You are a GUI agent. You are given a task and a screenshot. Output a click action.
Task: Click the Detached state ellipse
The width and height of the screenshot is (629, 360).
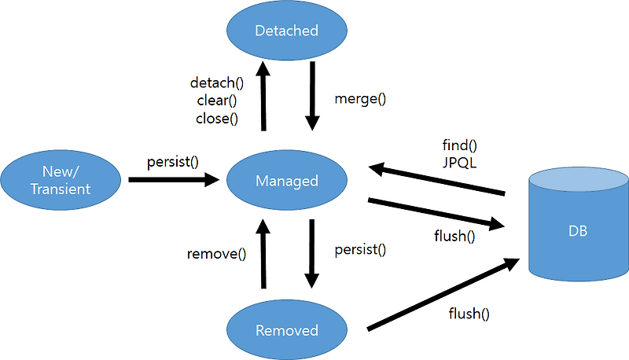[x=286, y=31]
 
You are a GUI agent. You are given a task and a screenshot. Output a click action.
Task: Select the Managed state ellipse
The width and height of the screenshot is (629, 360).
[x=286, y=181]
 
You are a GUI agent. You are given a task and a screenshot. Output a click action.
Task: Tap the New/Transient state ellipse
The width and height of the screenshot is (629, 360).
[x=61, y=180]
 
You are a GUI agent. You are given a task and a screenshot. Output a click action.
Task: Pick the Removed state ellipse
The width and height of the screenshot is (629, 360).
[x=286, y=330]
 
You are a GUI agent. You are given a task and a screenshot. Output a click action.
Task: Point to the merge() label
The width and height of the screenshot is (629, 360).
[x=361, y=99]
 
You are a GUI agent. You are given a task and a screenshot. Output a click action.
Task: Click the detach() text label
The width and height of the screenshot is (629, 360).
[x=217, y=82]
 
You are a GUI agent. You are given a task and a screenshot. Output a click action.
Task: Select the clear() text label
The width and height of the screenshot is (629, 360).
[x=217, y=100]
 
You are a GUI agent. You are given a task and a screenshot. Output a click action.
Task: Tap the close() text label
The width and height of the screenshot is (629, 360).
[x=217, y=119]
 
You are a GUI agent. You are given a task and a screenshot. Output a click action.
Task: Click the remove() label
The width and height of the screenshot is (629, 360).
[x=217, y=254]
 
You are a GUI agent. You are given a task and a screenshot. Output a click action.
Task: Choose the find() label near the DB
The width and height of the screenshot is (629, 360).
[x=461, y=147]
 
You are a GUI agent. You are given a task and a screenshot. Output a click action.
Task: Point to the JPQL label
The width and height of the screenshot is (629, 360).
[x=461, y=165]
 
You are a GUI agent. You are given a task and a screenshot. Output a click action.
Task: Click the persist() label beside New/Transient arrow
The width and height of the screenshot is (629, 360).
[x=172, y=162]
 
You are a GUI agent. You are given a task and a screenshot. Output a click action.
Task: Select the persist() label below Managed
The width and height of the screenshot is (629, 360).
[x=361, y=250]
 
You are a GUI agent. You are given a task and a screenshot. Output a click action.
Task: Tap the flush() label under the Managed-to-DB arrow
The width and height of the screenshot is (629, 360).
[x=454, y=235]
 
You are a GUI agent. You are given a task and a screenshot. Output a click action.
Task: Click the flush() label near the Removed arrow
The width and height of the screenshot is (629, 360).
[x=469, y=314]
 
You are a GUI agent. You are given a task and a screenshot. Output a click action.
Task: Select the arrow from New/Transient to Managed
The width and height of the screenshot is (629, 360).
[x=174, y=180]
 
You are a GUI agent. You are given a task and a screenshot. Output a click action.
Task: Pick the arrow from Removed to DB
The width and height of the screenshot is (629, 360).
[x=445, y=296]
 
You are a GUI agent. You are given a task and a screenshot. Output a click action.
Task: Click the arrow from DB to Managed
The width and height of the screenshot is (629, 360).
[x=436, y=179]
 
